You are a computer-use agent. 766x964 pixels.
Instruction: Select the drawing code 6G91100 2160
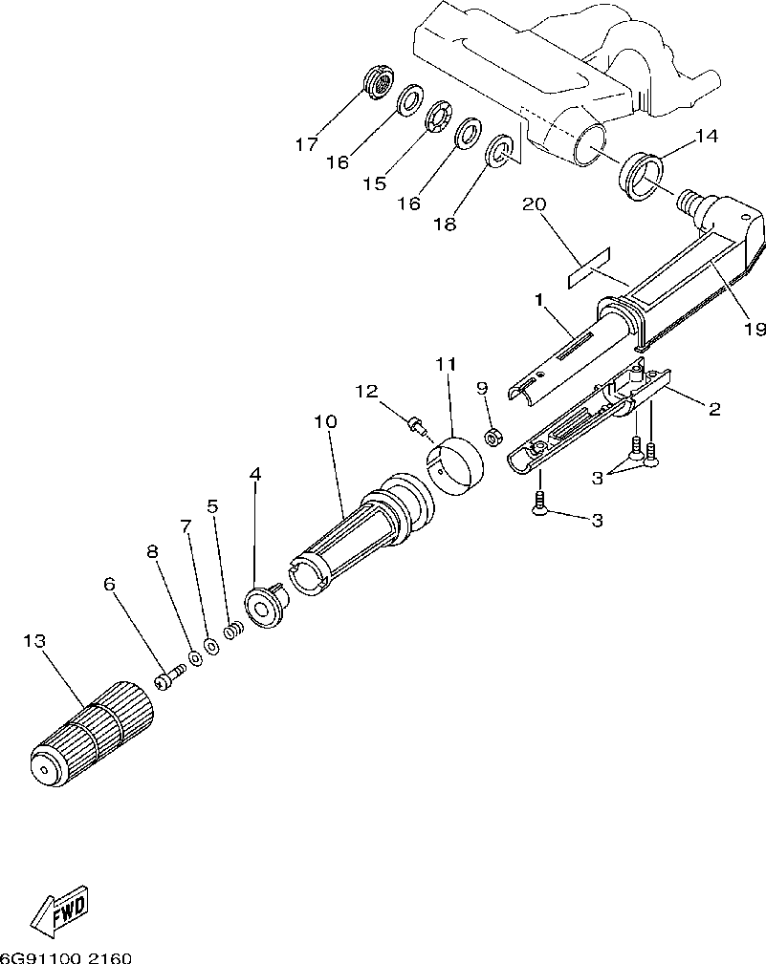click(x=66, y=956)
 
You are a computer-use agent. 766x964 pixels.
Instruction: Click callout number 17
click(x=306, y=145)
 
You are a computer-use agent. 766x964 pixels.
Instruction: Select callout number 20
click(x=534, y=204)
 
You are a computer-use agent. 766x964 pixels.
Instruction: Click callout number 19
click(x=755, y=329)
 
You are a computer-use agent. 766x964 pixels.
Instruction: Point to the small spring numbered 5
click(x=230, y=632)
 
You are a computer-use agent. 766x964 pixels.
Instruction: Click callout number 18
click(x=444, y=225)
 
